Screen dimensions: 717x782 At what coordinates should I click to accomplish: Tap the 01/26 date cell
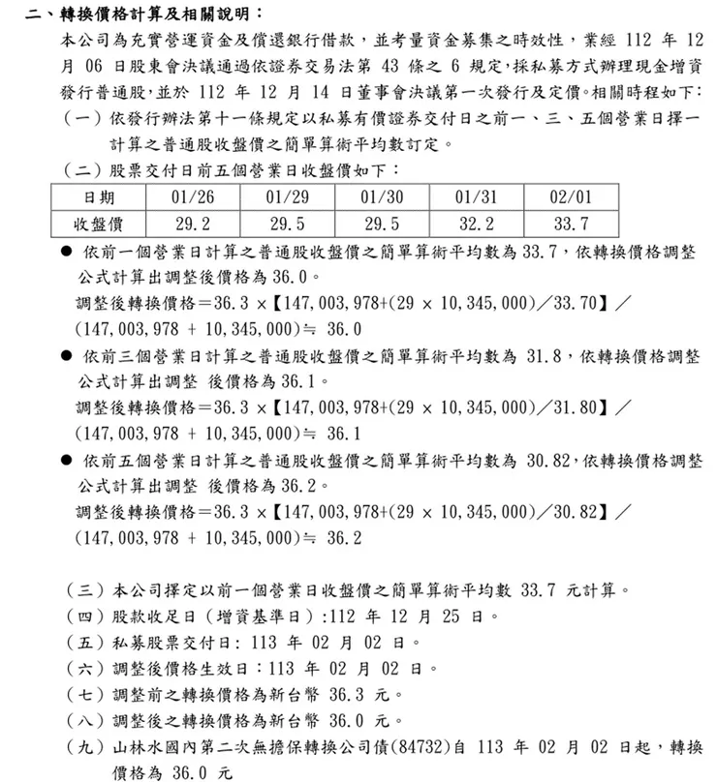coord(190,198)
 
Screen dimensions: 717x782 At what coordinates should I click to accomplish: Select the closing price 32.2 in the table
coord(476,225)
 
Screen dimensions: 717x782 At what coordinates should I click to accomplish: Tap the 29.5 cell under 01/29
coord(285,225)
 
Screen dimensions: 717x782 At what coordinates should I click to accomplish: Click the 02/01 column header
coord(570,198)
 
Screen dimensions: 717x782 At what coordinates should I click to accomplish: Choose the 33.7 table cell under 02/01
coord(570,225)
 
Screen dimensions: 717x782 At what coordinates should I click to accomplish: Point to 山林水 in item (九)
coord(140,748)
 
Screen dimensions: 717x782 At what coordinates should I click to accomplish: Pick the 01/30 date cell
coord(380,198)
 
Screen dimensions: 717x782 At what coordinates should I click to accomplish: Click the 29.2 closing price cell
coord(190,225)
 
